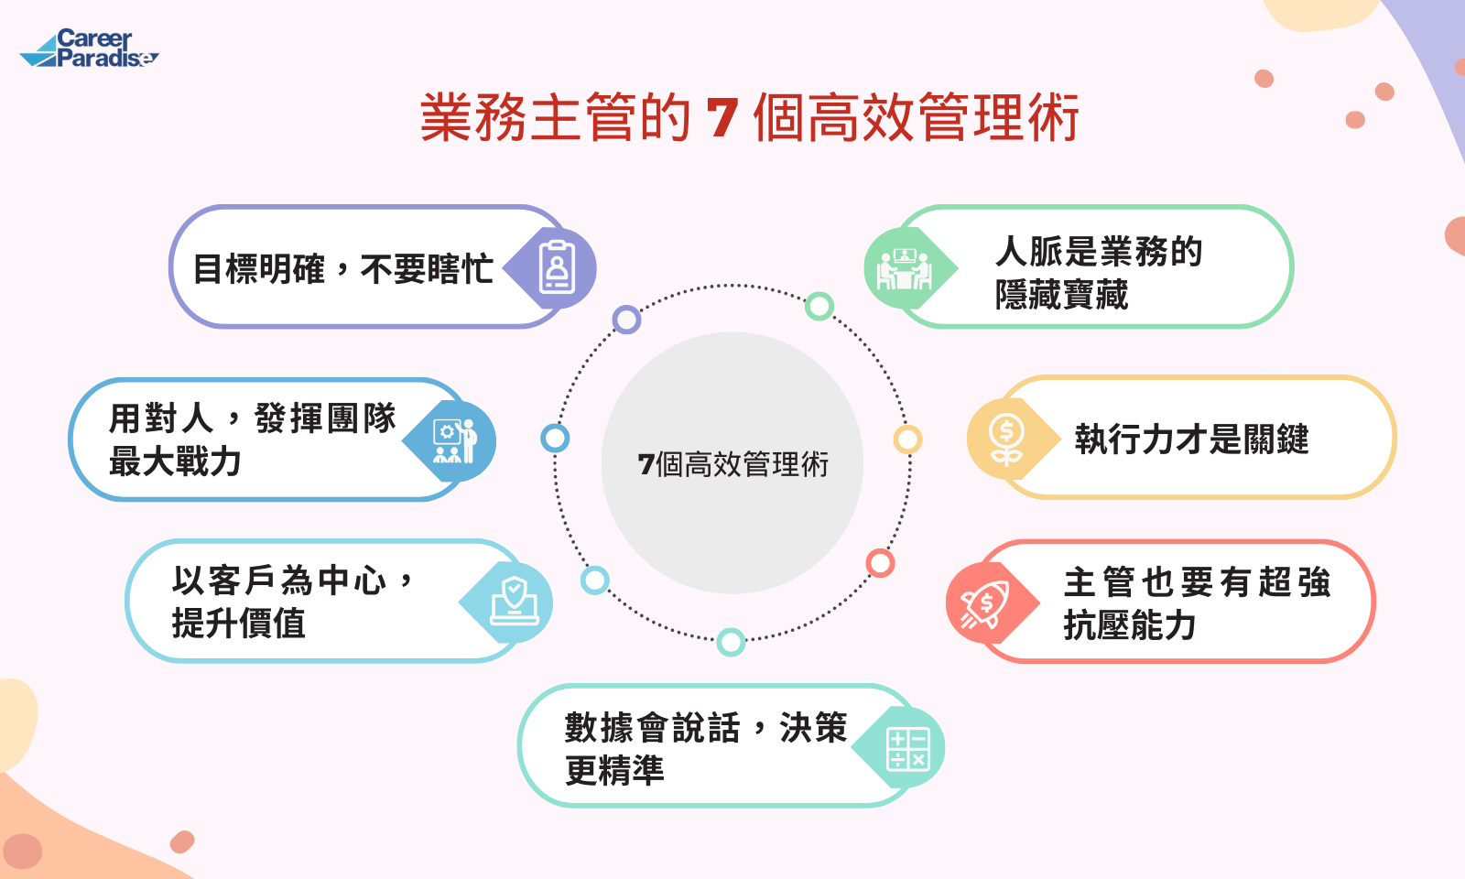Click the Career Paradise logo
tap(89, 49)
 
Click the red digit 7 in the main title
tap(722, 118)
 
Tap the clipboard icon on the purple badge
tap(557, 267)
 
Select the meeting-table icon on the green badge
tap(905, 268)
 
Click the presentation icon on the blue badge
tap(455, 441)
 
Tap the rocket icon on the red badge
tap(984, 604)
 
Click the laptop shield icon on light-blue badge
tap(515, 601)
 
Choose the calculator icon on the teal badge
tap(907, 748)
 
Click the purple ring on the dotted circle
tap(626, 320)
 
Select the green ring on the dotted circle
tap(819, 306)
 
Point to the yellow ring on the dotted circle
tap(907, 439)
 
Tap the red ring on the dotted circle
tap(880, 563)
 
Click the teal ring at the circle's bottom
tap(731, 642)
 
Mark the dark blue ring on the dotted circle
tap(555, 439)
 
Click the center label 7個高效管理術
tap(732, 464)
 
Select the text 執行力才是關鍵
tap(1191, 439)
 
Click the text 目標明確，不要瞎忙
tap(343, 269)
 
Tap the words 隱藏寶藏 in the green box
tap(1062, 295)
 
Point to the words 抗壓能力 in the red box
tap(1130, 625)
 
